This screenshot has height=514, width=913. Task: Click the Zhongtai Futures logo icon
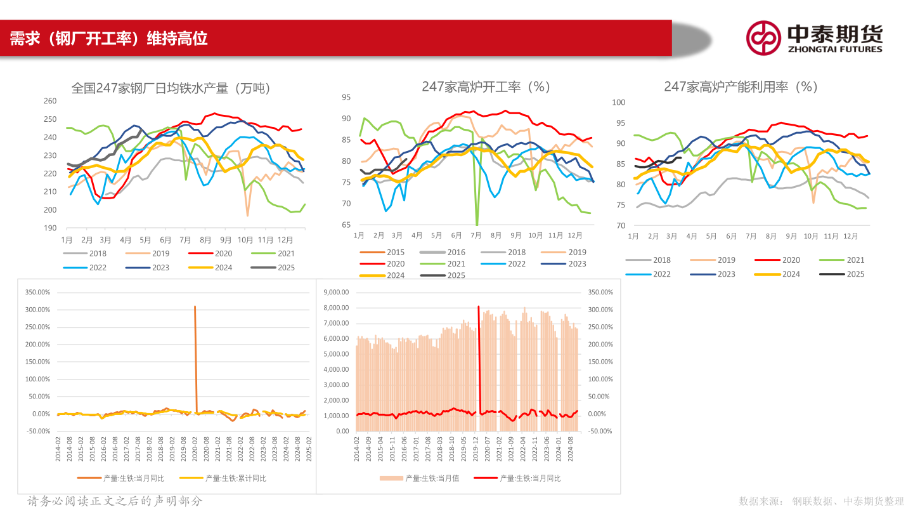[x=763, y=38]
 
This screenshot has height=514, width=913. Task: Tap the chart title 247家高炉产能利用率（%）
[x=741, y=87]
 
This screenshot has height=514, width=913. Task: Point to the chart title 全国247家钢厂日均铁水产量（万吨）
[x=171, y=88]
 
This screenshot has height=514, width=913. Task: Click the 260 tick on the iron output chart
[x=50, y=101]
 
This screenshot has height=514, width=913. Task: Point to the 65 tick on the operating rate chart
[x=346, y=225]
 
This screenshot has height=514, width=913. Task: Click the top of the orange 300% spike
[x=195, y=307]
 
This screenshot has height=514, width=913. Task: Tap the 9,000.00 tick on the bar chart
[x=336, y=292]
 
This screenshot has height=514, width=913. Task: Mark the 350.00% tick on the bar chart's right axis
[x=600, y=292]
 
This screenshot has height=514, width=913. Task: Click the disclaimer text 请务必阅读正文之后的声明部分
[x=115, y=501]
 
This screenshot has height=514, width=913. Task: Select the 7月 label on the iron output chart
[x=186, y=241]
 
